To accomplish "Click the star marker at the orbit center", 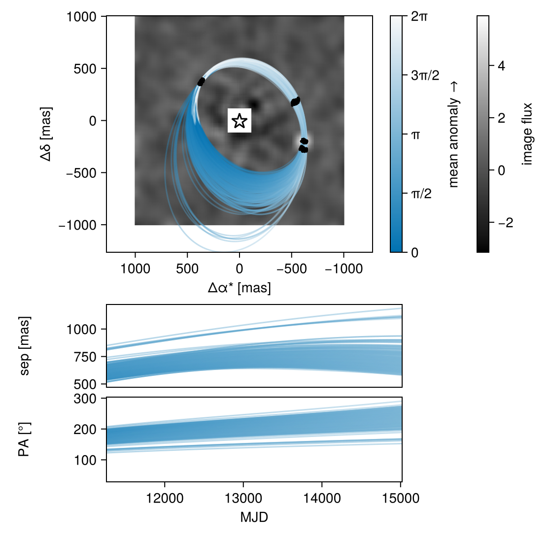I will coord(240,121).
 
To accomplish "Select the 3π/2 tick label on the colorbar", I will coord(425,75).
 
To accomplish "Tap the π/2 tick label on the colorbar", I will coord(421,194).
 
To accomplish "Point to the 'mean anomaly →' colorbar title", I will coord(453,135).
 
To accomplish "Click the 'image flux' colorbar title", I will coord(528,134).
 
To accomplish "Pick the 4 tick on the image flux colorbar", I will coord(501,66).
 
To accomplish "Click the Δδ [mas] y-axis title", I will coord(46,134).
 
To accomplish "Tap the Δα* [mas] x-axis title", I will coord(240,288).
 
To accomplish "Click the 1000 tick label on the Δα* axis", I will coord(135,269).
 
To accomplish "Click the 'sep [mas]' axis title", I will coord(25,346).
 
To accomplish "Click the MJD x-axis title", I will coord(254,517).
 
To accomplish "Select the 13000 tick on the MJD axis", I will coord(243,498).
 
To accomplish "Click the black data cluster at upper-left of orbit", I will coord(201,82).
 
